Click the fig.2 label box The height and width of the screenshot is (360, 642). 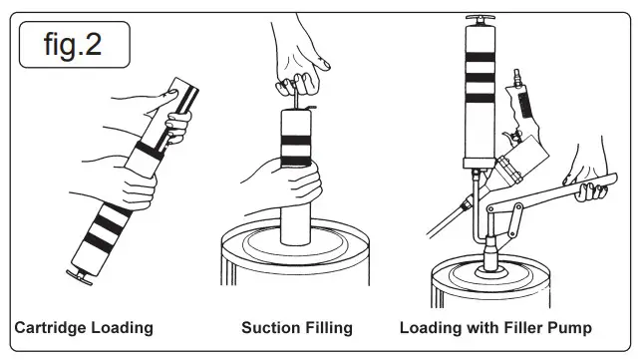(75, 45)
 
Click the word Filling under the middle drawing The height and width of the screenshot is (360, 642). (328, 329)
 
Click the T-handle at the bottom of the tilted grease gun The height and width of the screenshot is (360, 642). (79, 277)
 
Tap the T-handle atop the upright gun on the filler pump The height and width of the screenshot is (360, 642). (481, 19)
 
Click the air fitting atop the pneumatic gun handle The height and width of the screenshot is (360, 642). (516, 77)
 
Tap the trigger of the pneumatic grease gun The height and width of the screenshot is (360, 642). (509, 135)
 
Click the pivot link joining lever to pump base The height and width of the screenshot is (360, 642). (514, 220)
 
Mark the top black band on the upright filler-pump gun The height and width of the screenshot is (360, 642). (481, 57)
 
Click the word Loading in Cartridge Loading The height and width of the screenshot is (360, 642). (122, 329)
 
